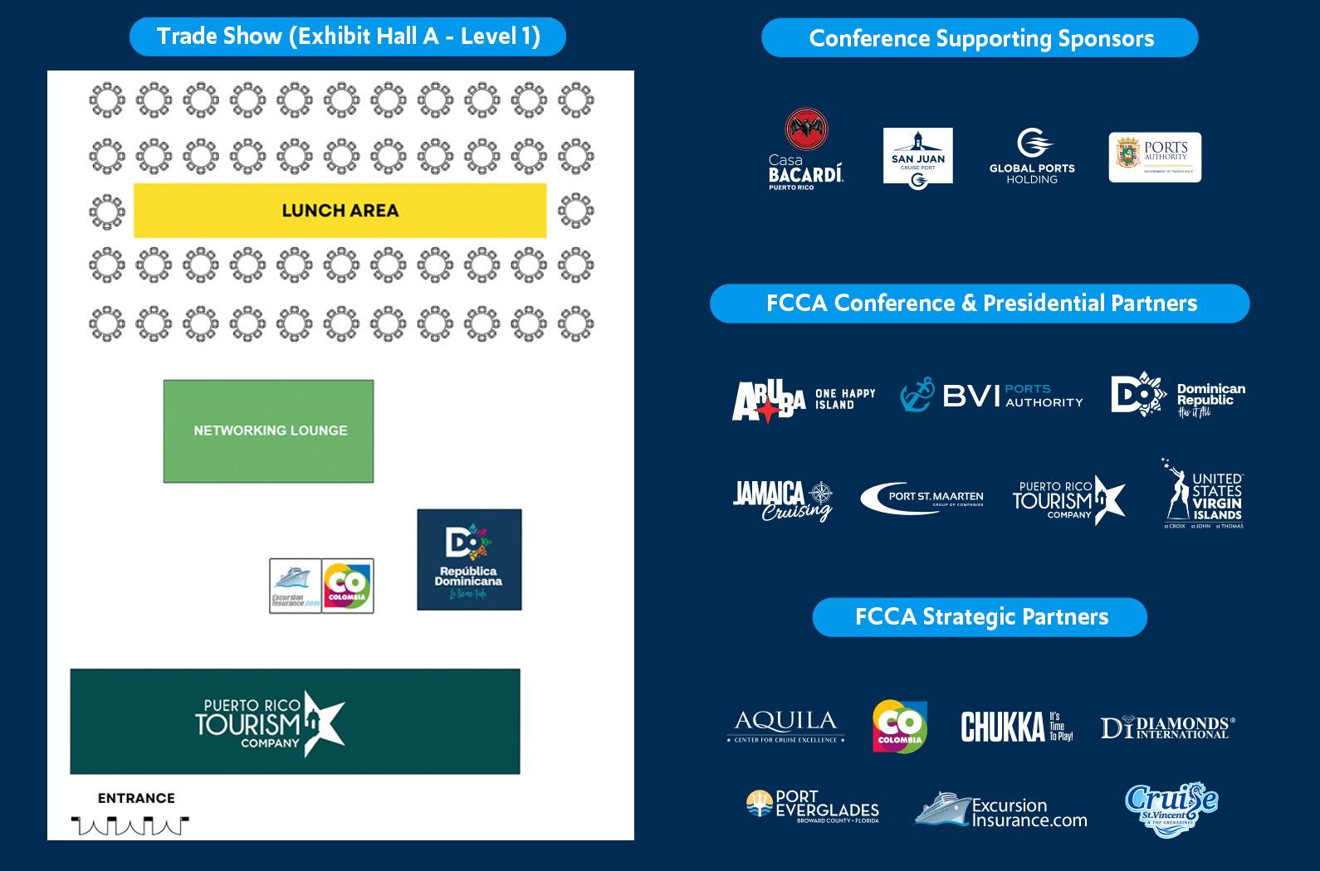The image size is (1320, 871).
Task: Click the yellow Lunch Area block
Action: (x=340, y=211)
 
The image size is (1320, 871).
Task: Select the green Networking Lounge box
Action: (x=268, y=431)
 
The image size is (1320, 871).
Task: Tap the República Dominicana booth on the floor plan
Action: (x=469, y=560)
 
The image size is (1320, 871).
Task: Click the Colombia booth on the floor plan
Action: (x=347, y=586)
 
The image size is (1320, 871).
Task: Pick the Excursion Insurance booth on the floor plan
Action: (x=295, y=586)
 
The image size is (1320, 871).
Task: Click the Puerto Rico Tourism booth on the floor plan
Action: (x=295, y=722)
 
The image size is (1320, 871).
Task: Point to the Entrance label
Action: (x=136, y=798)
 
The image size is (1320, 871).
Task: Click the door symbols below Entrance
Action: (x=130, y=825)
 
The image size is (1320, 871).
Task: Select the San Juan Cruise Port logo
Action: (x=917, y=156)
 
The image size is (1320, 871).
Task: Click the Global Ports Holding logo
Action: (x=1032, y=156)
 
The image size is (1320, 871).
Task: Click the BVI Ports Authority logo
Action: (x=992, y=396)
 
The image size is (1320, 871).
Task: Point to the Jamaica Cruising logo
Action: (x=782, y=500)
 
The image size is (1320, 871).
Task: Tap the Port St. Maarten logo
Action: (x=922, y=498)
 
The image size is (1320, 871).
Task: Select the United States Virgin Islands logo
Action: (x=1203, y=494)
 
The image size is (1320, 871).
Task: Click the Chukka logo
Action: (x=1017, y=727)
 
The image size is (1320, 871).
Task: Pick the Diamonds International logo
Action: (x=1167, y=727)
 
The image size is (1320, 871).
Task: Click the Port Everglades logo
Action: (x=812, y=805)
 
